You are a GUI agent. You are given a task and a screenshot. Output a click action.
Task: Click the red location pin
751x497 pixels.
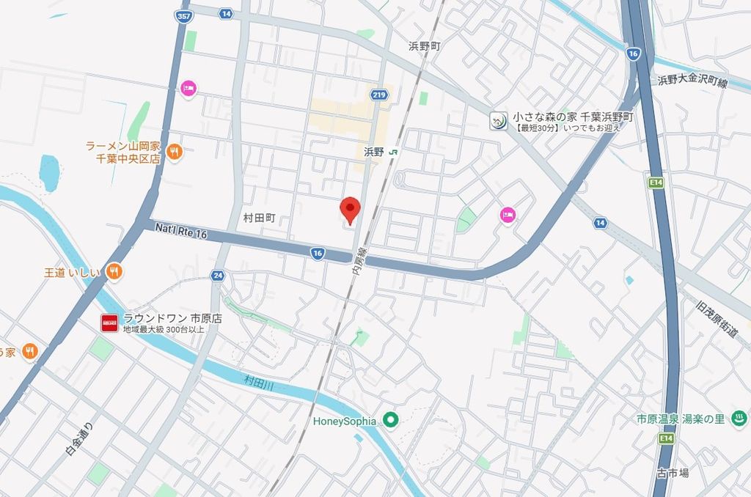(350, 208)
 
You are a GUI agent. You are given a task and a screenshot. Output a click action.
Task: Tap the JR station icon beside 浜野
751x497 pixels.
(395, 152)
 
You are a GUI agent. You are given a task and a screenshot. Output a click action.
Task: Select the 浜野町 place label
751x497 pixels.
(425, 45)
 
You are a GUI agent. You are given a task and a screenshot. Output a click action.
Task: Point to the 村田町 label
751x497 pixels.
(258, 218)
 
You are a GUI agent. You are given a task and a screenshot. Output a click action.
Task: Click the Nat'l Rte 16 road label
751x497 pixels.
(181, 230)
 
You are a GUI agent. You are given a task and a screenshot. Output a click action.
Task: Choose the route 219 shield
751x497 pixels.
(379, 94)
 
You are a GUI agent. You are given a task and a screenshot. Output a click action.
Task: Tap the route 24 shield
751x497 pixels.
(217, 276)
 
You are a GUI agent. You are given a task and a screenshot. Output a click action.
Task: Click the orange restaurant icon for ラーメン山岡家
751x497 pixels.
(174, 152)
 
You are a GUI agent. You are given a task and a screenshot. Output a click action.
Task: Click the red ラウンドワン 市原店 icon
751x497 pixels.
(109, 323)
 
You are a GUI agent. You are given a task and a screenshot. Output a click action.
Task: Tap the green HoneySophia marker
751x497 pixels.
(391, 421)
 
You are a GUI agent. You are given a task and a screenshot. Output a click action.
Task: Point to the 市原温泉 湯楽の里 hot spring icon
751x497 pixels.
(739, 419)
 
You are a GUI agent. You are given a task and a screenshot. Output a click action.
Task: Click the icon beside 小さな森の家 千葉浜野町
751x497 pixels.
(499, 121)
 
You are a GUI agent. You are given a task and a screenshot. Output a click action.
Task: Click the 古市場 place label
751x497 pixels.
(673, 473)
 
